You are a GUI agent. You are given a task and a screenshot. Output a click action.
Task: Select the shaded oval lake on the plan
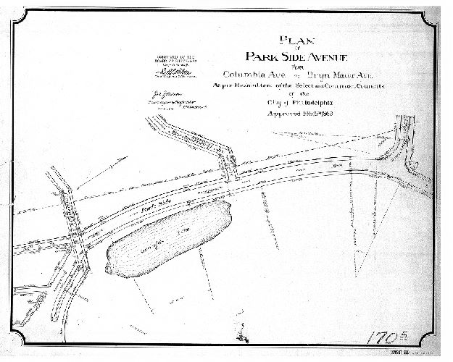[167, 237]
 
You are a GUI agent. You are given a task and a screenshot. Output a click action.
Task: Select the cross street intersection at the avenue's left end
[78, 235]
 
